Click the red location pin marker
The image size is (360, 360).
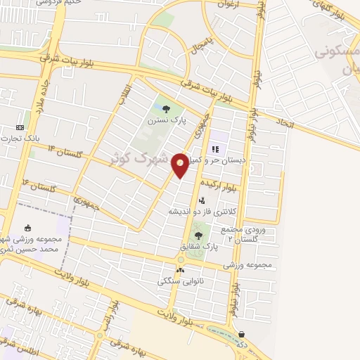click(181, 165)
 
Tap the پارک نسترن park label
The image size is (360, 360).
click(166, 121)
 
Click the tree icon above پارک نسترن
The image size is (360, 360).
click(166, 109)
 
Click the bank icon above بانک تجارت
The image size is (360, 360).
click(20, 127)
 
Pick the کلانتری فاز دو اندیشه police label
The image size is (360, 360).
click(199, 211)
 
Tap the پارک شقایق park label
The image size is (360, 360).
click(198, 247)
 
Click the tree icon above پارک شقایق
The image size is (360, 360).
click(198, 236)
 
